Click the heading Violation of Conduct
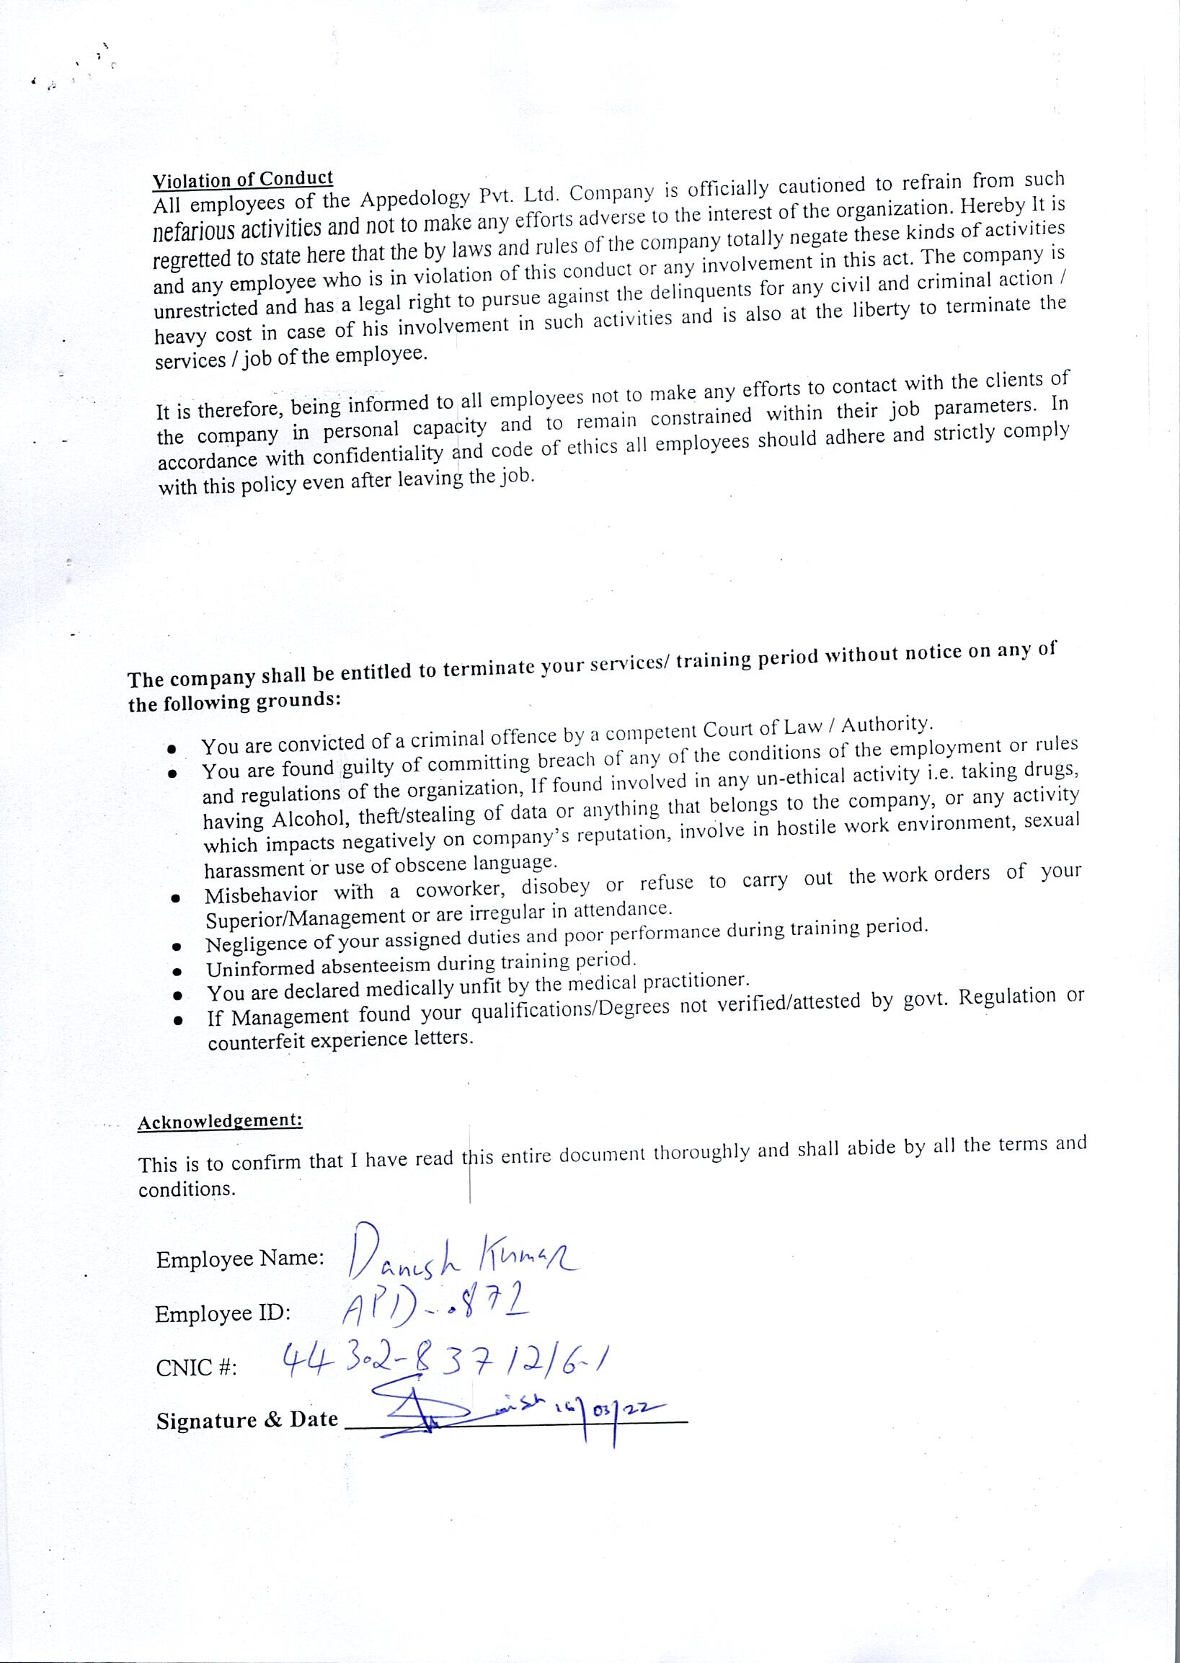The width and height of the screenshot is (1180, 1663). point(243,179)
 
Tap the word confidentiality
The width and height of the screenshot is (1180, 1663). point(378,456)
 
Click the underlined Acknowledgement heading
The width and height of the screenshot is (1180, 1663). point(220,1120)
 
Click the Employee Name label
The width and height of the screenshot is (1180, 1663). point(241,1259)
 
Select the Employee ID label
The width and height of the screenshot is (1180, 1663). point(223,1313)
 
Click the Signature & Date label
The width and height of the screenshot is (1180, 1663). point(247,1420)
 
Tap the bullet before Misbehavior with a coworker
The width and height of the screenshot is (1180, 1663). point(175,899)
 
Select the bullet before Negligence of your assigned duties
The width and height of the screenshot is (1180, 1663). point(176,946)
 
